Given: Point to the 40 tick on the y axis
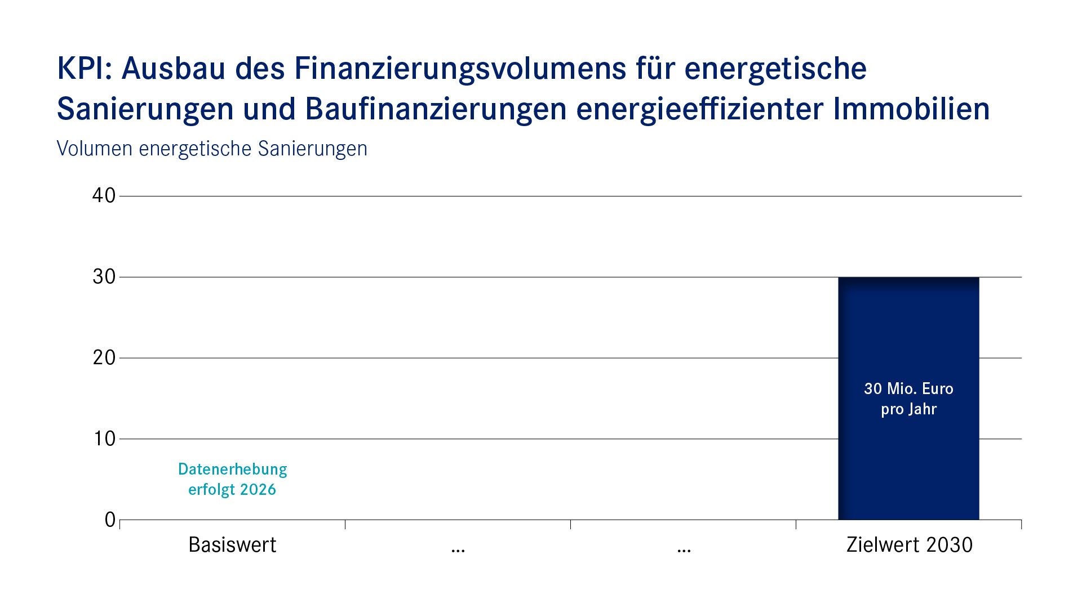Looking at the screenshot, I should coord(104,195).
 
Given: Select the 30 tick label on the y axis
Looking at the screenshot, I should coord(104,276).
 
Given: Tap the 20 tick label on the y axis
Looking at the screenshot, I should coord(104,357).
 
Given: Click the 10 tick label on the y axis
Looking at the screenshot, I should coord(104,439).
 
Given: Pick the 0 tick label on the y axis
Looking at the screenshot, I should coord(110,520).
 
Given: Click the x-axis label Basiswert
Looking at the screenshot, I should coord(232,545).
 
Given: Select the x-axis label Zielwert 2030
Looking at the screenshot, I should coord(909,545).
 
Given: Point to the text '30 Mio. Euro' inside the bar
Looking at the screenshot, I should coord(908,389).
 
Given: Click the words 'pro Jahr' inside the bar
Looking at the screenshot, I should coord(908,409).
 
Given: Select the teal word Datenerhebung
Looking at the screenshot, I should coord(232,469).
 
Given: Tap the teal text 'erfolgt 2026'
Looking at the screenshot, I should coord(232,490).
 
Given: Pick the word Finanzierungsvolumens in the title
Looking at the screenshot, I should coord(460,69).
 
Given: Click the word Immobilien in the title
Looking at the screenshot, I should coord(911,109).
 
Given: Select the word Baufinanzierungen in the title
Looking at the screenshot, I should coord(436,109).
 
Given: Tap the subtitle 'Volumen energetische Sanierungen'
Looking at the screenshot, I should coord(212,149).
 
